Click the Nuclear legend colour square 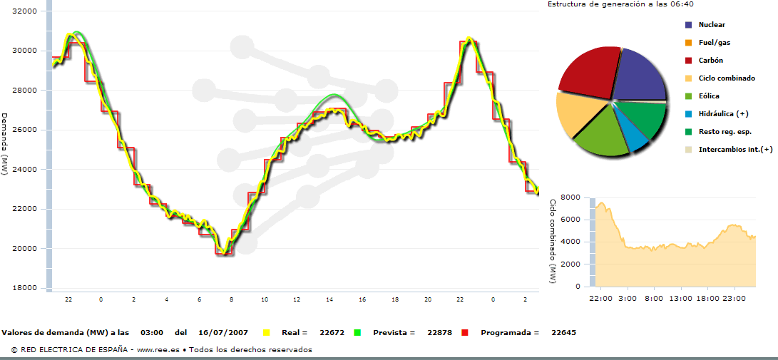688,25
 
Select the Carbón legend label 713,61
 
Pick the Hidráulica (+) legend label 724,114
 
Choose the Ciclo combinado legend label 727,78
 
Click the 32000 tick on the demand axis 26,12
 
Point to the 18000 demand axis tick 26,288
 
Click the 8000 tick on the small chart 571,197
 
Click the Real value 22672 333,333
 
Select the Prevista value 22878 439,333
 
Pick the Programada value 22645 563,333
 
